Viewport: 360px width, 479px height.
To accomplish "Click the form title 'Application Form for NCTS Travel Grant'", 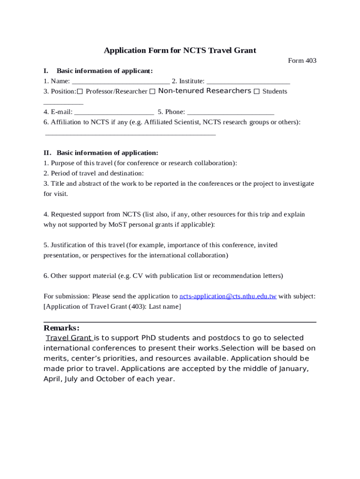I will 180,51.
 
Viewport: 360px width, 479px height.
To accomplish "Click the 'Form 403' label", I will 302,61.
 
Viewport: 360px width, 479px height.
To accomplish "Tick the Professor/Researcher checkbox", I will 80,91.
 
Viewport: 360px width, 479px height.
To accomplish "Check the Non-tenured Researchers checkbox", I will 152,91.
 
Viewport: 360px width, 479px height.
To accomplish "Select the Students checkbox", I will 256,91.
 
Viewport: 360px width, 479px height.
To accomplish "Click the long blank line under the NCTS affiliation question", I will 130,134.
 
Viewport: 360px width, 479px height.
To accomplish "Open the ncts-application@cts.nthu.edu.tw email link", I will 228,297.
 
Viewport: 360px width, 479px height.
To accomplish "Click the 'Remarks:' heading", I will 61,328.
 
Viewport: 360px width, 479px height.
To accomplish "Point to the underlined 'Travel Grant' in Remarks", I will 68,338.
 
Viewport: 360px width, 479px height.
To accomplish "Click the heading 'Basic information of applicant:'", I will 105,71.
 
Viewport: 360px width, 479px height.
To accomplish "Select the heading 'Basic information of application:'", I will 107,153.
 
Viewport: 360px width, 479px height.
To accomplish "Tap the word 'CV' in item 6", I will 137,276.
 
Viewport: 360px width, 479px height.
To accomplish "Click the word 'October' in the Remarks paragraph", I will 111,379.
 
